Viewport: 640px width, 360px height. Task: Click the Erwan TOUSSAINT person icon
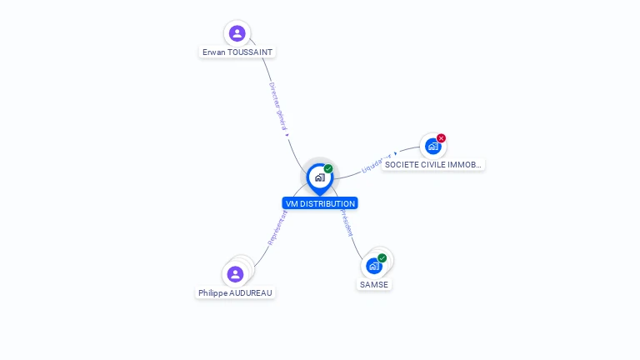coord(237,33)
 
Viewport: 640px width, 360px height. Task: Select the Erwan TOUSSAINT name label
coord(237,52)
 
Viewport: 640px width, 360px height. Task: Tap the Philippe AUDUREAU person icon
coord(236,274)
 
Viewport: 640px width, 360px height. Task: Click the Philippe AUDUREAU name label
coord(236,292)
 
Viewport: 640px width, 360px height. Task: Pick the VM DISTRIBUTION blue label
coord(320,203)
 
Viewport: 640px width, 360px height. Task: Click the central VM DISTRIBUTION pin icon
coord(319,177)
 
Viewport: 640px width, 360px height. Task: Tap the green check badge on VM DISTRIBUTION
coord(328,169)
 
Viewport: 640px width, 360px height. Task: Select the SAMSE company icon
coord(374,266)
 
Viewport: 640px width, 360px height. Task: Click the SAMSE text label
coord(374,284)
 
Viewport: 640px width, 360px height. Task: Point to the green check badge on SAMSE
coord(382,258)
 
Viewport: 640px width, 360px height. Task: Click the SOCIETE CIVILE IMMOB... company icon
coord(432,147)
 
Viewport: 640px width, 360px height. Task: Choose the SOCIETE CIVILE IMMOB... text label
coord(433,165)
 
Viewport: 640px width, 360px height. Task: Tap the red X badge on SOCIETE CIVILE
coord(442,138)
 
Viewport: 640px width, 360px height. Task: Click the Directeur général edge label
coord(277,107)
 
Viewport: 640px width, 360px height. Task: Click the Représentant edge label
coord(277,227)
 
